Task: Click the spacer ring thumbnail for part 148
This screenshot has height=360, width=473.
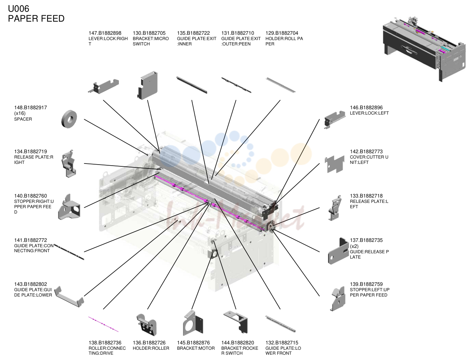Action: tap(69, 119)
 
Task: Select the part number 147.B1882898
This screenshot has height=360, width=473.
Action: tap(105, 33)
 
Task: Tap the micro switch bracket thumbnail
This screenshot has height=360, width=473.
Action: tap(147, 85)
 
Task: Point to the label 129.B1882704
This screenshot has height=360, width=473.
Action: tap(282, 33)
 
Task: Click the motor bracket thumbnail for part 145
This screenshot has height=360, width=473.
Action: tap(193, 323)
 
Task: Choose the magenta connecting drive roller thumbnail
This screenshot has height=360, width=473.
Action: tap(103, 324)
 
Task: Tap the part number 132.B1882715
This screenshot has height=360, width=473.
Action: tap(282, 343)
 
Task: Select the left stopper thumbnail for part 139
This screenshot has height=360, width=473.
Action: tap(338, 299)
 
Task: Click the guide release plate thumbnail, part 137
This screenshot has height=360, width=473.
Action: tap(338, 251)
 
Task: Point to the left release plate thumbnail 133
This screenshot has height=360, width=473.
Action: tap(335, 208)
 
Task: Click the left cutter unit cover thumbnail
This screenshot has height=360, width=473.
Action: tap(335, 164)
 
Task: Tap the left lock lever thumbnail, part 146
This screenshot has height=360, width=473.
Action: tap(335, 120)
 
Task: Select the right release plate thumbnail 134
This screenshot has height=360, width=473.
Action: tap(69, 164)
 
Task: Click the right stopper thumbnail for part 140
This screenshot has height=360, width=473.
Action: tap(69, 207)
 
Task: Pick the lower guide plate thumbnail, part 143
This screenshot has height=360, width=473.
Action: tap(69, 297)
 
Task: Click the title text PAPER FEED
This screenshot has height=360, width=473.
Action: tap(36, 18)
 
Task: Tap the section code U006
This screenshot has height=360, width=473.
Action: tap(18, 9)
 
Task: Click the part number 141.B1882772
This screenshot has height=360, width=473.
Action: tap(31, 240)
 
